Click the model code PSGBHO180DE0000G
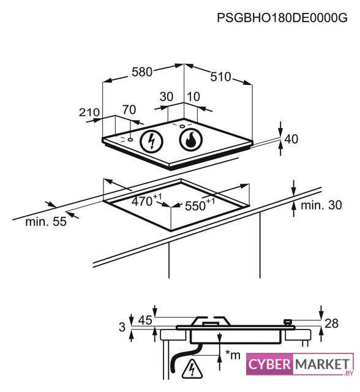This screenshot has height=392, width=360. pyautogui.click(x=282, y=18)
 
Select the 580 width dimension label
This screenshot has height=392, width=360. pyautogui.click(x=142, y=72)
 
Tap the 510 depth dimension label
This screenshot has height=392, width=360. pyautogui.click(x=220, y=77)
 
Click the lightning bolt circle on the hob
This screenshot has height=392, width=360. pyautogui.click(x=151, y=141)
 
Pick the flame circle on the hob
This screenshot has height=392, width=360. pyautogui.click(x=191, y=140)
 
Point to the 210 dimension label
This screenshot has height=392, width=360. pyautogui.click(x=89, y=112)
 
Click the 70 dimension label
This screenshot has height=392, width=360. pyautogui.click(x=129, y=110)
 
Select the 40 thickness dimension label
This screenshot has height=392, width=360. pyautogui.click(x=291, y=139)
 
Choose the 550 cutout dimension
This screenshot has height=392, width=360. pyautogui.click(x=200, y=205)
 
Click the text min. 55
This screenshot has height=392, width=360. pyautogui.click(x=46, y=222)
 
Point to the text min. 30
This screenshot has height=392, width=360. pyautogui.click(x=321, y=205)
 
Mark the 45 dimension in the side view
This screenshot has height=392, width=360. pyautogui.click(x=145, y=320)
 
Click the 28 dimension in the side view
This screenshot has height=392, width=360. pyautogui.click(x=331, y=323)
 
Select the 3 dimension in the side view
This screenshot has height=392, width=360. pyautogui.click(x=122, y=327)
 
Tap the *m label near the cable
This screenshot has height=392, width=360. pyautogui.click(x=233, y=355)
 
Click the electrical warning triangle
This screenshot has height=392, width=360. pyautogui.click(x=192, y=369)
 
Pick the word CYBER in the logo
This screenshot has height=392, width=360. pyautogui.click(x=269, y=364)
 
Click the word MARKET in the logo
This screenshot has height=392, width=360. pyautogui.click(x=322, y=364)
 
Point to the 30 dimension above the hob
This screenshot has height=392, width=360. pyautogui.click(x=167, y=97)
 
